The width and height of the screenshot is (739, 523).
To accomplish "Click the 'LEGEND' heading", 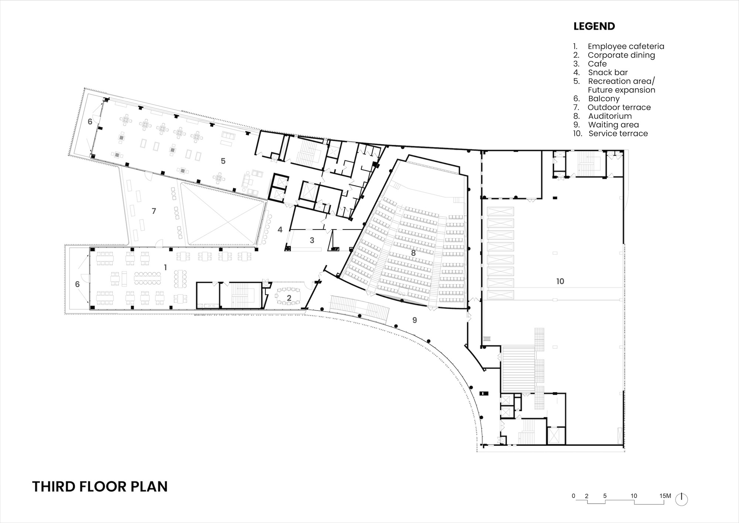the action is [x=594, y=26].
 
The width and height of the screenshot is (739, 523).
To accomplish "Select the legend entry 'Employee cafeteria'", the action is [x=626, y=46].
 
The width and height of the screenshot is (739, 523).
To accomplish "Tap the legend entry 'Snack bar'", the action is [x=608, y=72].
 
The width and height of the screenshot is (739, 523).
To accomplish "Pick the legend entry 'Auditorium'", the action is [x=610, y=116].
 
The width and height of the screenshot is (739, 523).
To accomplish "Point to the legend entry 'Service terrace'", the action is [x=618, y=133].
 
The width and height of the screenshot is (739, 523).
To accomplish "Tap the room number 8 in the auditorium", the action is [x=413, y=253].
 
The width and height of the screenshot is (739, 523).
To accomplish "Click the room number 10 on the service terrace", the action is [x=560, y=281].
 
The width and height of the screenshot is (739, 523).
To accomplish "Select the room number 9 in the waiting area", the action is [x=415, y=320].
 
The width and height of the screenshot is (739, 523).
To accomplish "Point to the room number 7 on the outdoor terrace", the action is [x=154, y=211].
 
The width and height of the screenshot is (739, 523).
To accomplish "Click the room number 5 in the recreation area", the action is [x=223, y=161].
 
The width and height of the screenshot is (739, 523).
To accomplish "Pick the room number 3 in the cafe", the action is [x=312, y=240].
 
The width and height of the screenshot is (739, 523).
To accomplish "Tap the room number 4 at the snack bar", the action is [x=280, y=230].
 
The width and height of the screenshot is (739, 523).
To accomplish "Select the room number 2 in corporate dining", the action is [x=289, y=298].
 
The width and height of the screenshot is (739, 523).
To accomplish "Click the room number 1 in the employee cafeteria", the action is [x=166, y=267].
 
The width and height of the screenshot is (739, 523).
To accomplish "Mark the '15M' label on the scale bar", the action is [x=665, y=496].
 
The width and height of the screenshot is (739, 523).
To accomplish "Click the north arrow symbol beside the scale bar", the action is [x=682, y=499].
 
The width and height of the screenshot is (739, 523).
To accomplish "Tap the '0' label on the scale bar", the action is [x=573, y=496].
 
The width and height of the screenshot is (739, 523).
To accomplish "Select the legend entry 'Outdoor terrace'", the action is [x=619, y=107].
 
